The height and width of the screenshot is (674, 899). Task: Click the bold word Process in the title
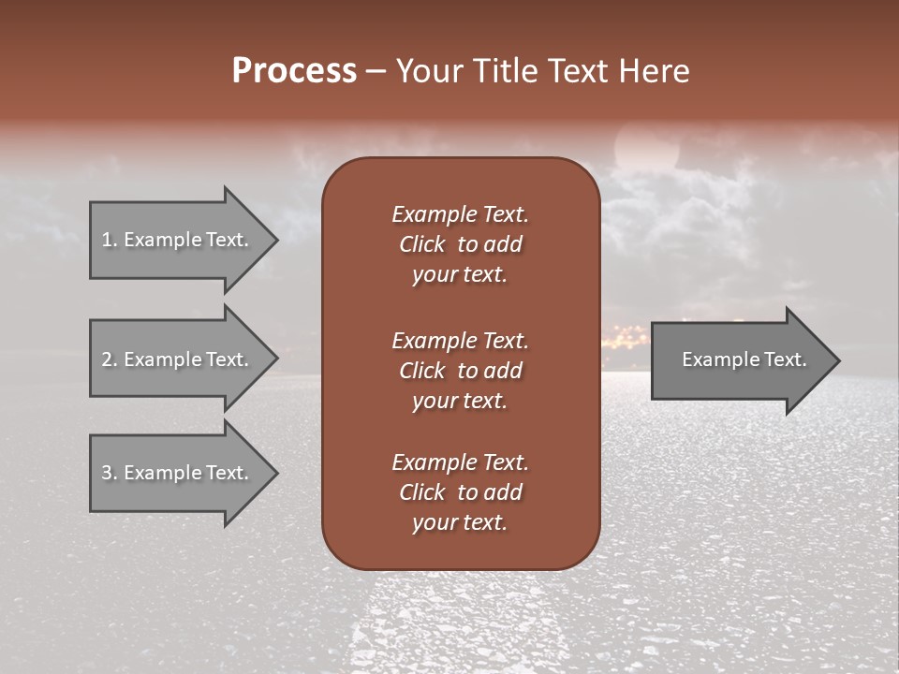pos(294,71)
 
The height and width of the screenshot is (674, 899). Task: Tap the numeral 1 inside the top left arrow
pos(107,240)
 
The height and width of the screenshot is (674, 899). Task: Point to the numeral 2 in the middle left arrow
pos(107,359)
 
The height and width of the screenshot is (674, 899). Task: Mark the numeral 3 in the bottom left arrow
pos(107,473)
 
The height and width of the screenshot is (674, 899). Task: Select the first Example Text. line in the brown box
pos(460,214)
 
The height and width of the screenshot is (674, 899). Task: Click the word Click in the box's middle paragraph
pos(421,371)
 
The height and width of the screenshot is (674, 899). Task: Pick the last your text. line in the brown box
pos(460,523)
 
